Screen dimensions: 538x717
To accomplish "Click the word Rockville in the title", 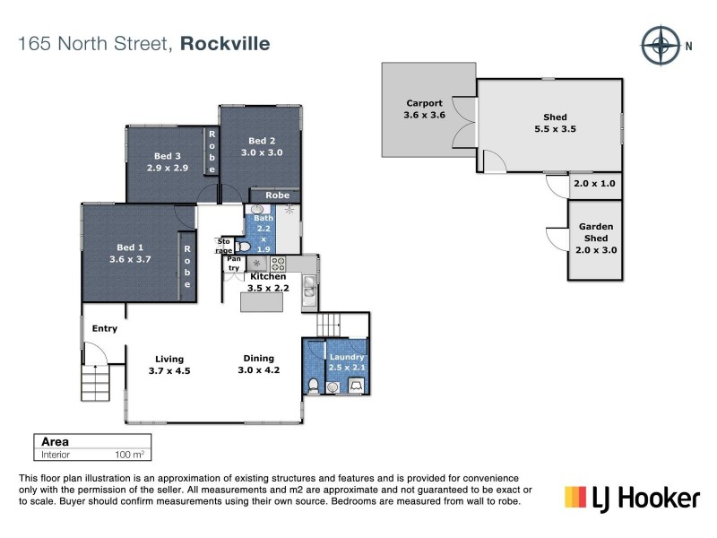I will coord(226,43).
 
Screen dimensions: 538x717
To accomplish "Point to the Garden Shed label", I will coord(595,232).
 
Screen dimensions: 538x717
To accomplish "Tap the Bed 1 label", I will coord(130,247).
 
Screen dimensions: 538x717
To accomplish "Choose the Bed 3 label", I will coord(167,155).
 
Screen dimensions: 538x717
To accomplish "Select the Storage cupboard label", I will coord(223,246).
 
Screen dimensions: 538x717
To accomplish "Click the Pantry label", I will coord(234,264).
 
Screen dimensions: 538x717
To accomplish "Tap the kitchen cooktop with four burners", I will coord(278,264).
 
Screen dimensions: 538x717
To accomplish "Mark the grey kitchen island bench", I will coord(263,303).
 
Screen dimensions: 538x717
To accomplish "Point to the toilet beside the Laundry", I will coord(313,386).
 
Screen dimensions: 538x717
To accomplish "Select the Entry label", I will coord(105,328).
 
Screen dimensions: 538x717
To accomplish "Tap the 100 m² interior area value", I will coord(130,455).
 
